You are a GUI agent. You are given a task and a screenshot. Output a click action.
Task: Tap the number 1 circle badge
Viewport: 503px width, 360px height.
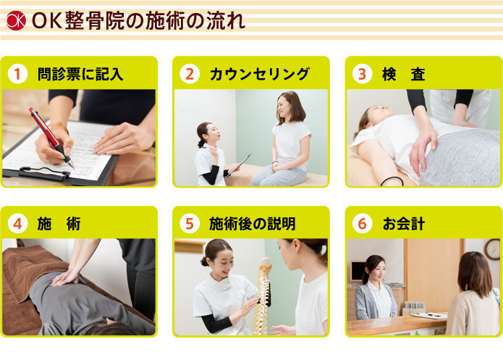(x=18, y=74)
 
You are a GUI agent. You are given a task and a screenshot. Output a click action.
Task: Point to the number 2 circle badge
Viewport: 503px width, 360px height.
(x=190, y=74)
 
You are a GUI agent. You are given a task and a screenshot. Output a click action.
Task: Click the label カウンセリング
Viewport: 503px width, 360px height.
(x=259, y=74)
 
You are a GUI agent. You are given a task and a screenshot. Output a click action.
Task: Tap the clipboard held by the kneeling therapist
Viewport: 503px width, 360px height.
(x=238, y=165)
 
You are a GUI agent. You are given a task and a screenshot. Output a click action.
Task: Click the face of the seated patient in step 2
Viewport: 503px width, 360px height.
(x=287, y=109)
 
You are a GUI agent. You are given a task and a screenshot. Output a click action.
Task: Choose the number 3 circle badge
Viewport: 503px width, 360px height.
(x=363, y=74)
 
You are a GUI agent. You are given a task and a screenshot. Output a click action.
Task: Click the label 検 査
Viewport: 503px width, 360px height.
(x=404, y=74)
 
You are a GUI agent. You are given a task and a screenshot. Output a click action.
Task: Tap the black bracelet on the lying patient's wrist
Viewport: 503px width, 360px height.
(x=392, y=180)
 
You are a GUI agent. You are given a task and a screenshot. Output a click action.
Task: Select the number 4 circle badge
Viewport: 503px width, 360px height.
(x=18, y=224)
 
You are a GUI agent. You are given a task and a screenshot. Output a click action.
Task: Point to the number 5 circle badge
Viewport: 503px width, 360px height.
(x=190, y=224)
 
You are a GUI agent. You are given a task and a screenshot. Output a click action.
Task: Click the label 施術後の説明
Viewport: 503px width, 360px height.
(x=252, y=224)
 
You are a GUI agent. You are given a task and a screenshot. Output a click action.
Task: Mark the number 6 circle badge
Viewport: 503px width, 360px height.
(x=363, y=224)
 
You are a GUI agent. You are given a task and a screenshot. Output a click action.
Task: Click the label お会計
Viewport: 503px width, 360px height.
(x=404, y=224)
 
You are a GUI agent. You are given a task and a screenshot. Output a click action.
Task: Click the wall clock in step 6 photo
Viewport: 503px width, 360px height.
(x=493, y=250)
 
